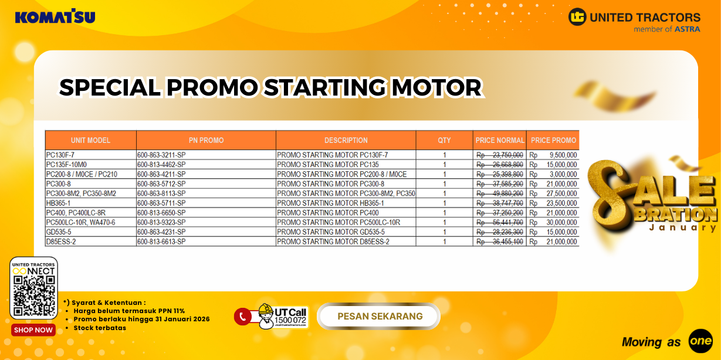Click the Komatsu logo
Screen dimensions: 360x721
tap(55, 16)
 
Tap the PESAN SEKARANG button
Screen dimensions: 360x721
tap(380, 317)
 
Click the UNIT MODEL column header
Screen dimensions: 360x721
tap(90, 140)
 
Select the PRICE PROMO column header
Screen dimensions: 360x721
tap(553, 140)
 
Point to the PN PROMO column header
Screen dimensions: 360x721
tap(206, 140)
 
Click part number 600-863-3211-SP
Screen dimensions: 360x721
tap(161, 155)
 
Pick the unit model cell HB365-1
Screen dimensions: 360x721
tap(59, 203)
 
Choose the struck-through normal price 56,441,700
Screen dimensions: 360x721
tap(500, 222)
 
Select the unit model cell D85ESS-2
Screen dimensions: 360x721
tap(61, 242)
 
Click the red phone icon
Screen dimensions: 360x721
tap(242, 317)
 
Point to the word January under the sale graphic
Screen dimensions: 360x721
tap(683, 227)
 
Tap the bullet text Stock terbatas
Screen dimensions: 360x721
tap(100, 328)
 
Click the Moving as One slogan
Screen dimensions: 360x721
tap(666, 341)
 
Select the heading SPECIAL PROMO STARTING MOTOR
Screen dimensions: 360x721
tap(270, 88)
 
